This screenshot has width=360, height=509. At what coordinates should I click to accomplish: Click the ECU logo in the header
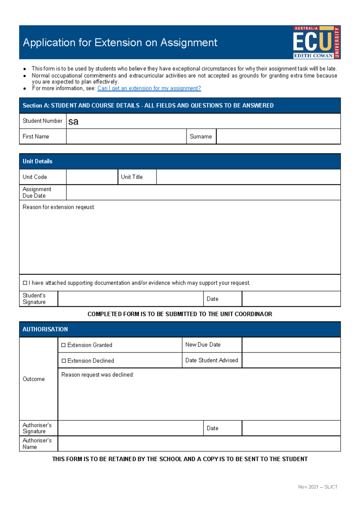[316, 42]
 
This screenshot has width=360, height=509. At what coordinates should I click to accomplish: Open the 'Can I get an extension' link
[149, 88]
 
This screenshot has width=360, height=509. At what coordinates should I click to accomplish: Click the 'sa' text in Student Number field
[73, 122]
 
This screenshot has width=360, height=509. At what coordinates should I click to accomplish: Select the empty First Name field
[126, 137]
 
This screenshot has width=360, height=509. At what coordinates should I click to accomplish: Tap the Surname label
[201, 137]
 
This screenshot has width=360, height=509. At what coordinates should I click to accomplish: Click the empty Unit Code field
[92, 177]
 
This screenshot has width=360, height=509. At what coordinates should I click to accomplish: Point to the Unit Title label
[132, 177]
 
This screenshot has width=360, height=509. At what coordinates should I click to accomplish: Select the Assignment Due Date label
[37, 192]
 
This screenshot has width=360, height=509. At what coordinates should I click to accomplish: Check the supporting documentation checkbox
[25, 283]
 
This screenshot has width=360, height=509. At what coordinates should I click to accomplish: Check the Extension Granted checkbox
[63, 345]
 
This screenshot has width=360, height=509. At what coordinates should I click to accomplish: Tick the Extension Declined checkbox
[64, 361]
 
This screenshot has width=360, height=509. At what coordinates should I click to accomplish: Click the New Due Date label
[203, 345]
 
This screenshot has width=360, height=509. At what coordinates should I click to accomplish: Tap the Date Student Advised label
[211, 360]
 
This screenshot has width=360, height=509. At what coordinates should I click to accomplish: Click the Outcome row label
[34, 379]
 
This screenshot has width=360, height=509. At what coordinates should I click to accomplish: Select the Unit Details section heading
[37, 161]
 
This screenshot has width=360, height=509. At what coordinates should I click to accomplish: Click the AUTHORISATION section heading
[45, 329]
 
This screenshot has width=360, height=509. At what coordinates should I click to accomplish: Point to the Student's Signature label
[34, 299]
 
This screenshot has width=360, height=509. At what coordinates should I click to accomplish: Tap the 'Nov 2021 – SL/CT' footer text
[318, 487]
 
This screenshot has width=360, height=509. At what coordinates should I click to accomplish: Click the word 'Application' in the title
[49, 43]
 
